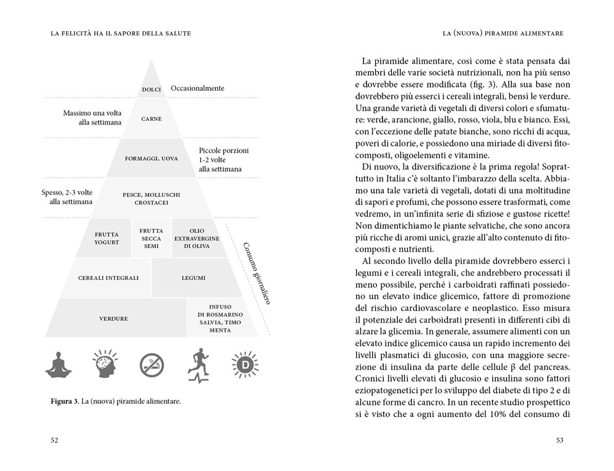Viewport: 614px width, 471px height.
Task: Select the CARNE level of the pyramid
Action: coord(151,118)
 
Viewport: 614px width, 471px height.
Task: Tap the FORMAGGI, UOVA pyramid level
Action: coord(151,158)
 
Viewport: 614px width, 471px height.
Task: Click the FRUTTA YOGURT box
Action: coord(106,237)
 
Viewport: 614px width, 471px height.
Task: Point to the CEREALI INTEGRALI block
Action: coord(108,278)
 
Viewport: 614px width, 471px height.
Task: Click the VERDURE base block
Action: coord(114,318)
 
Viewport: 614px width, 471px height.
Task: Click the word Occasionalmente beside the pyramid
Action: coord(197,88)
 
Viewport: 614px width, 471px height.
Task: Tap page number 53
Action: coord(559,440)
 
